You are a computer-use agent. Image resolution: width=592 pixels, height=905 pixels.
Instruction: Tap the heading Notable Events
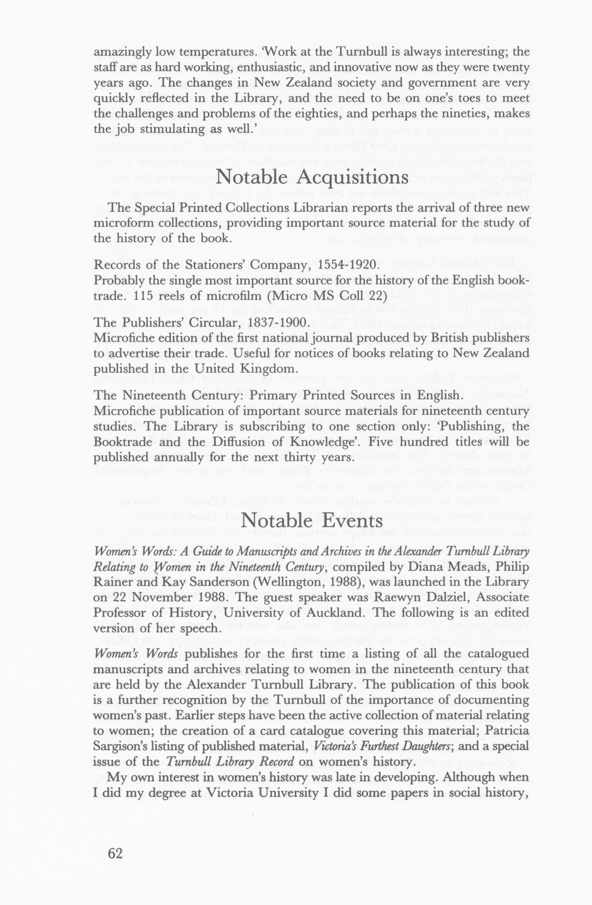[x=311, y=520]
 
